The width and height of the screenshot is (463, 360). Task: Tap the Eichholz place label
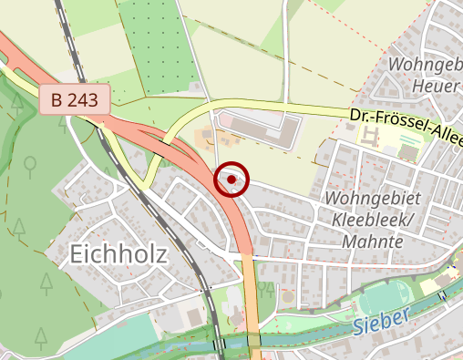coord(118,255)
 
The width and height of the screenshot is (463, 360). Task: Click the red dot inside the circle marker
coord(231,180)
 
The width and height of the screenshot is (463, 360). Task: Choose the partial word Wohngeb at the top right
coord(424,64)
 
